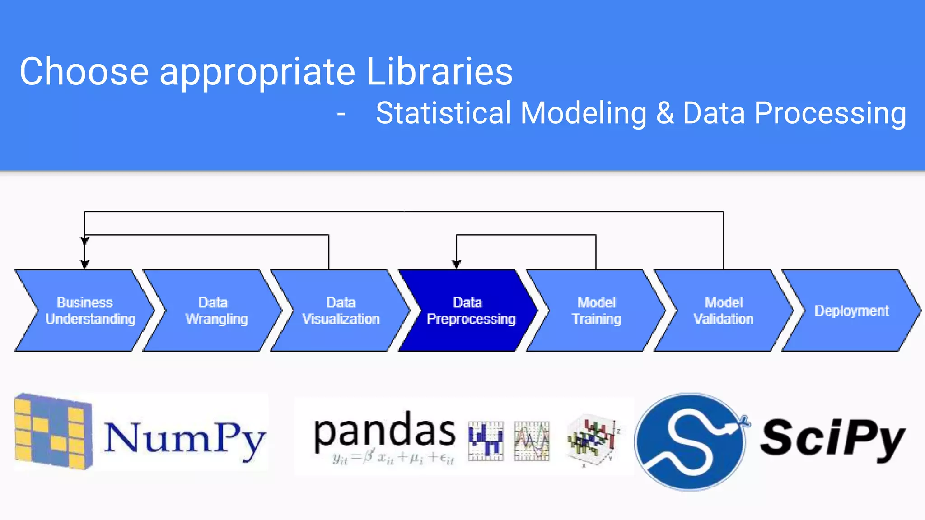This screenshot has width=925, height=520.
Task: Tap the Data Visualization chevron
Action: point(341,311)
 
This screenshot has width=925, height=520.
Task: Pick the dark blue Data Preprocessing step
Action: point(470,311)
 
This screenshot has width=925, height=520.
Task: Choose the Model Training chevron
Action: point(596,311)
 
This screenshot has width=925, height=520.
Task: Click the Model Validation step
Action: point(724,311)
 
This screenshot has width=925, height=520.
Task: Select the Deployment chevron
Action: point(851,311)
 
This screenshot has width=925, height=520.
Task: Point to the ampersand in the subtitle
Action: point(665,113)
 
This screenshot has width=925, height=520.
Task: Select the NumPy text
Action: point(184,438)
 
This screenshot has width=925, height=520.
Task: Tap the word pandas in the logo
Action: point(384,431)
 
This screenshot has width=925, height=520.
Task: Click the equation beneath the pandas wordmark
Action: point(392,458)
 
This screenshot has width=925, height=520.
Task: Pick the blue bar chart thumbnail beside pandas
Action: point(486,441)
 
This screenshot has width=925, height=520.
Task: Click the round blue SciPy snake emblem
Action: point(690,441)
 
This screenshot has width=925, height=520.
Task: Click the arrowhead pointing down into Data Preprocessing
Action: point(457,264)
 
